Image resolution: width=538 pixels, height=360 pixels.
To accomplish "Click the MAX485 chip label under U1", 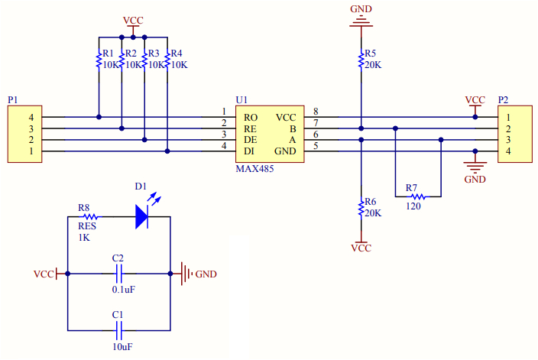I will pos(254,168).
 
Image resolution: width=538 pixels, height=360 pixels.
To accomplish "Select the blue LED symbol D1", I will pos(142,216).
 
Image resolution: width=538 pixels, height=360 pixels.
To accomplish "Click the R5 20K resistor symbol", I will pos(361,60).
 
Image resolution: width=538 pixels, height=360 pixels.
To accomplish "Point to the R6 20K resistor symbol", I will pos(361,208).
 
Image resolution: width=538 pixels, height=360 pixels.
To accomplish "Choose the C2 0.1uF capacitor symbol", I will pos(118,273).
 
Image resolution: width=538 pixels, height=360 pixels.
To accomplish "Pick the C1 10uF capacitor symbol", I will pos(118,330).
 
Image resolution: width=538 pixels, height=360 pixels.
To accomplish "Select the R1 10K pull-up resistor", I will pos(99,60).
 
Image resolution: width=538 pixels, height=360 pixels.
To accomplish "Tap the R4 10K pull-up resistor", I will pos(167,60).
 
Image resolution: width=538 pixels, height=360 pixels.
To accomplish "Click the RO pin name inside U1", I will pos(251,118).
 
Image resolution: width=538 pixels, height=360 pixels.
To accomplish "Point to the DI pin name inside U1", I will pos(250,152).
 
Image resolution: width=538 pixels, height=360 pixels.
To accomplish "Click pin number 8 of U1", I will pos(315,112).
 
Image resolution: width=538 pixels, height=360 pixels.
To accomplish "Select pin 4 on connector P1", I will pos(31,118).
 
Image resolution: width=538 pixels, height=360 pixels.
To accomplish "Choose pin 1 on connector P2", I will pos(507,118).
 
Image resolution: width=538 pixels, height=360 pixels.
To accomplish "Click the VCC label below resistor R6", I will pos(361,248).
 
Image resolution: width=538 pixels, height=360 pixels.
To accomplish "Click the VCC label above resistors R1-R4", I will pos(133,19).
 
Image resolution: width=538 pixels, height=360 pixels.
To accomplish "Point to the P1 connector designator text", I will pos(12,100).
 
